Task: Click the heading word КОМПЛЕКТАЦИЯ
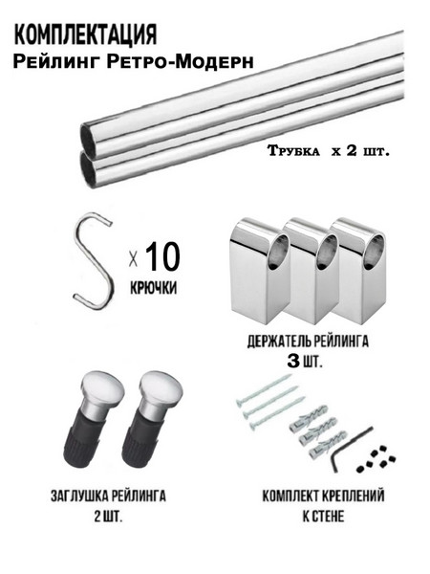[x=86, y=35]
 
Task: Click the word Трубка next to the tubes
[x=293, y=151]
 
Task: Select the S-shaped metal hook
[x=93, y=261]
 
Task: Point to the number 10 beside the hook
[x=162, y=256]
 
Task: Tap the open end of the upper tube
[x=89, y=138]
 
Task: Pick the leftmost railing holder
[x=259, y=271]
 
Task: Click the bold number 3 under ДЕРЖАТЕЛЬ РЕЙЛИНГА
[x=293, y=362]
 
